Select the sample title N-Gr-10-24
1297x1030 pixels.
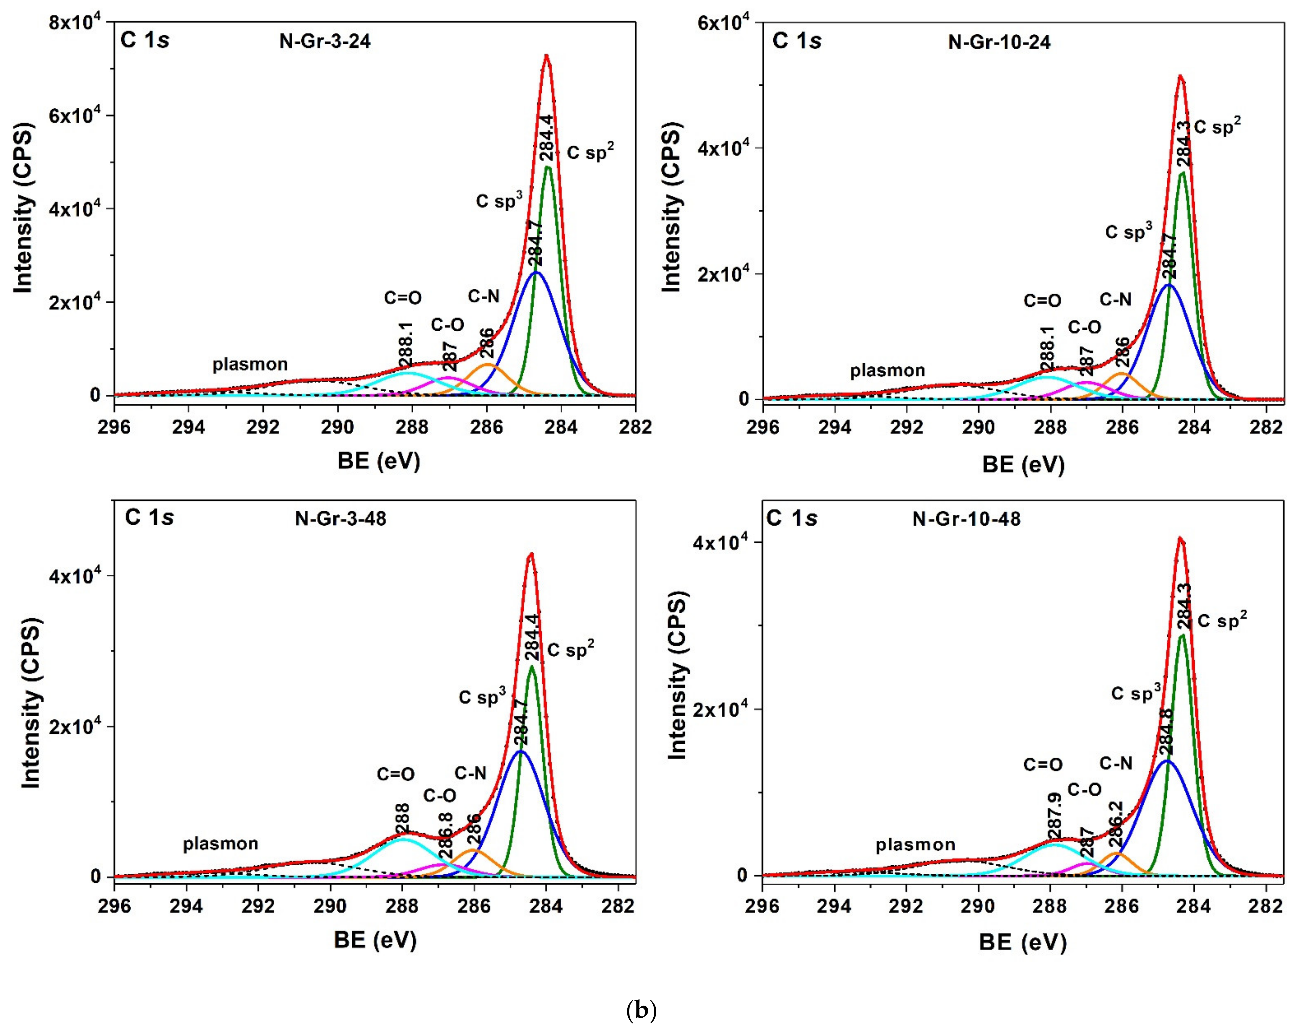coord(999,43)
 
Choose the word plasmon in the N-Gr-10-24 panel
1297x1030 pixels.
coord(887,370)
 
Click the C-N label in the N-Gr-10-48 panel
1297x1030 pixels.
coord(1116,764)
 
